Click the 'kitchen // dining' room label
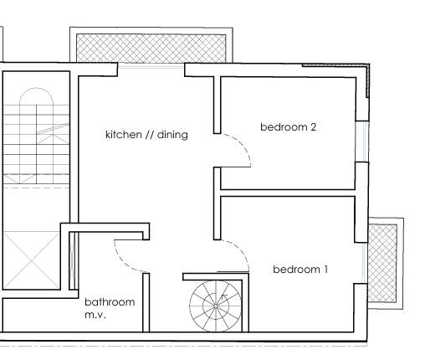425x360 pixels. pos(146,135)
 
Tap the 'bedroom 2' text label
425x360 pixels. pos(288,127)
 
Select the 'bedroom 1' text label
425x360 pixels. pos(300,270)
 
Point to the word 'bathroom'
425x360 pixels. pos(109,302)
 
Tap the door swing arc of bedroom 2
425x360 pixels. pos(238,151)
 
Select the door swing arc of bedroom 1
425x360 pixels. pos(238,251)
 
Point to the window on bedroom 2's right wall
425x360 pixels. pos(361,141)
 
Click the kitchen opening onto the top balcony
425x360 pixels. pos(151,64)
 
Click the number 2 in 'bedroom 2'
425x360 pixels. pos(313,127)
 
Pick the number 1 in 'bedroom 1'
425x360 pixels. pos(325,270)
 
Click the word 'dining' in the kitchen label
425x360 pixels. pos(172,135)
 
